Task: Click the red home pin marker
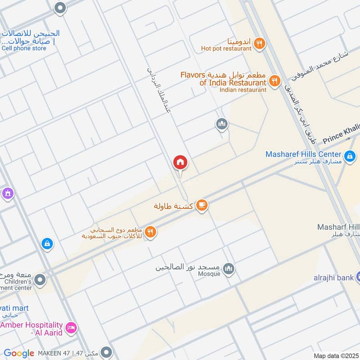coord(180,162)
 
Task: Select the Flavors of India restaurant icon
coord(274,81)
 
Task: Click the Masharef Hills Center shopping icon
coord(350,157)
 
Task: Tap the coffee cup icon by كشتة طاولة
coord(202,205)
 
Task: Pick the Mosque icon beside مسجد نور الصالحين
coord(229,269)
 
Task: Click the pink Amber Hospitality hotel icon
coord(70,328)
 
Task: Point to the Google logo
coord(19,354)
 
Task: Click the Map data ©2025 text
coord(335,355)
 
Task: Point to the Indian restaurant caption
coord(243,90)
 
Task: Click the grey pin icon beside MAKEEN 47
coord(106,352)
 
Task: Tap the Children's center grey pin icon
coord(40,280)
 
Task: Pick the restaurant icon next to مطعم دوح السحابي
coord(150,232)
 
